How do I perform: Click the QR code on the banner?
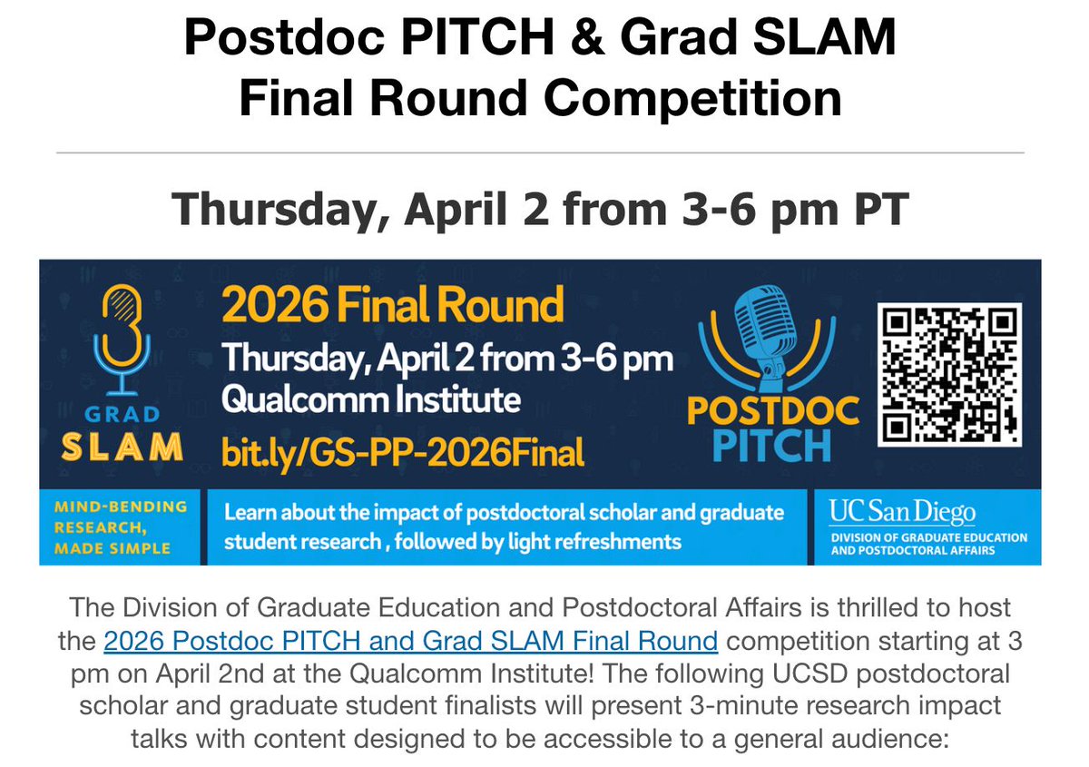pyautogui.click(x=950, y=374)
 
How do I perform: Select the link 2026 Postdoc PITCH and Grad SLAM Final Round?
pyautogui.click(x=411, y=642)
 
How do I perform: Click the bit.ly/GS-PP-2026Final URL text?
pyautogui.click(x=403, y=451)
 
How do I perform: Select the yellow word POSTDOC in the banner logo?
pyautogui.click(x=773, y=411)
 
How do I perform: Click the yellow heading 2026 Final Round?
pyautogui.click(x=392, y=306)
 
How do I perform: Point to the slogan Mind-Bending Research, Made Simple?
pyautogui.click(x=121, y=527)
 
